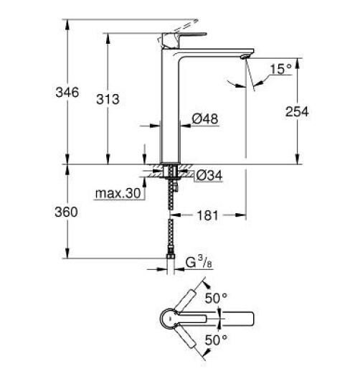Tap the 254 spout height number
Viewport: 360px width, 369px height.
295,112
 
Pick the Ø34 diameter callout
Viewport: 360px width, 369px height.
209,174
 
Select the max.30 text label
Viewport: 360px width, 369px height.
115,193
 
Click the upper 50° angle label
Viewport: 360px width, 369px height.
217,298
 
